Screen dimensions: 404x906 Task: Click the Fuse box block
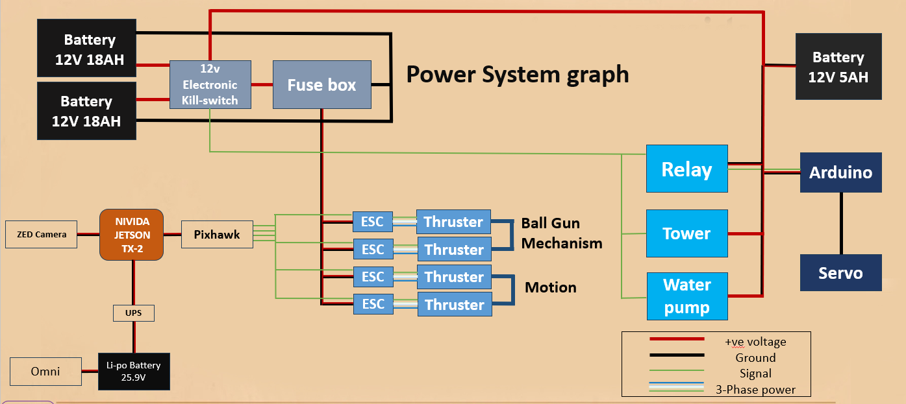tap(321, 84)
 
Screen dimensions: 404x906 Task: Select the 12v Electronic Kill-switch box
tap(210, 84)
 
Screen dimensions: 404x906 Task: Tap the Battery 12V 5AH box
tap(838, 67)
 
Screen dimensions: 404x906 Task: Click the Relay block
tap(686, 169)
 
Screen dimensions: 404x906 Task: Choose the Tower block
tap(686, 233)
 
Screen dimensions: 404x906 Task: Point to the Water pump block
tap(686, 296)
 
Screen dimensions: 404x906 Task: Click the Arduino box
tap(840, 172)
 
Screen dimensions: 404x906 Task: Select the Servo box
tap(840, 272)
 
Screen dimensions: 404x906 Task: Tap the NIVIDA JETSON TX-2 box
tap(131, 235)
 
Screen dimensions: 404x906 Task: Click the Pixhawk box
tap(216, 235)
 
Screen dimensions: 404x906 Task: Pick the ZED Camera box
tap(40, 234)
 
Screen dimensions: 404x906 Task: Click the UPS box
tap(134, 313)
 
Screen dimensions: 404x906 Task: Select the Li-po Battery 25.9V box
tap(134, 371)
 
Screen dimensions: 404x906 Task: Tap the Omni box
tap(45, 371)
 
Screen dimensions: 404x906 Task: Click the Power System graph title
tap(518, 74)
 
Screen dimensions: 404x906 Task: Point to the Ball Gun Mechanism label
tap(562, 233)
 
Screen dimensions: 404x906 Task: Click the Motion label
tap(550, 287)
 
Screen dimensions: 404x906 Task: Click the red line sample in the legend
tap(677, 339)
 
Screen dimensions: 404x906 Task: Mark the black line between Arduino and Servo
tap(840, 223)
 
